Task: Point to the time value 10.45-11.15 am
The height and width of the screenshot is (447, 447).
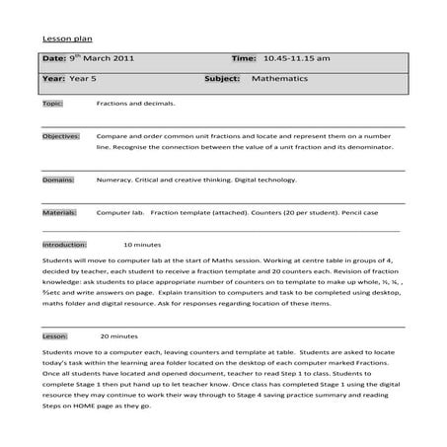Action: (297, 59)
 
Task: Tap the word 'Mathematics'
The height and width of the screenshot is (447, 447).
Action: (282, 78)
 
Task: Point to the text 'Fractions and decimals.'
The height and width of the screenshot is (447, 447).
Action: (136, 103)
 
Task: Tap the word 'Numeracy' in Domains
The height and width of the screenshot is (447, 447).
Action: (114, 181)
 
